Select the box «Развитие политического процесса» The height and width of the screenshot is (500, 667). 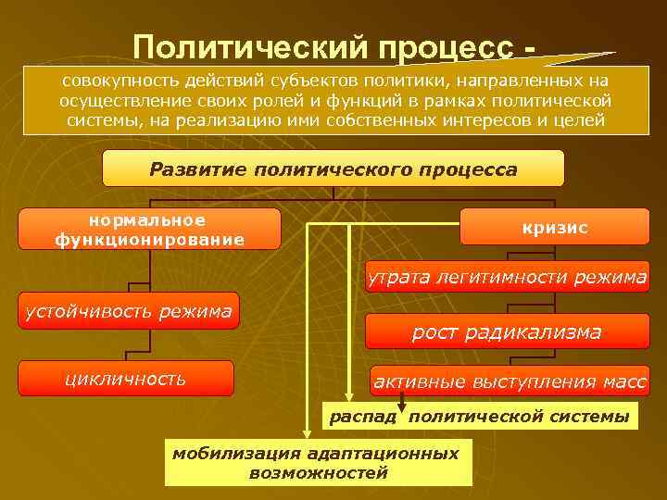pos(333,169)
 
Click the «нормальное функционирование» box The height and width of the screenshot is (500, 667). pos(149,230)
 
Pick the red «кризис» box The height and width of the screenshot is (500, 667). pos(554,228)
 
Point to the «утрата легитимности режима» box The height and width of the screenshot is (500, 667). pos(507,277)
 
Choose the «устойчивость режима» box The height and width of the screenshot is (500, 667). pos(128,311)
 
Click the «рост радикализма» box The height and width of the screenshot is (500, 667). pos(507,331)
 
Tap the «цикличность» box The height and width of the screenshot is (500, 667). pos(125,379)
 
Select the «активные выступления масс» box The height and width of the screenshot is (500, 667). pos(510,380)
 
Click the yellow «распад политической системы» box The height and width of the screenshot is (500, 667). pos(479,418)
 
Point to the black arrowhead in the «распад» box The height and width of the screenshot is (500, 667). pos(402,406)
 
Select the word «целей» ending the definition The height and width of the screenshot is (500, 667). pos(580,121)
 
